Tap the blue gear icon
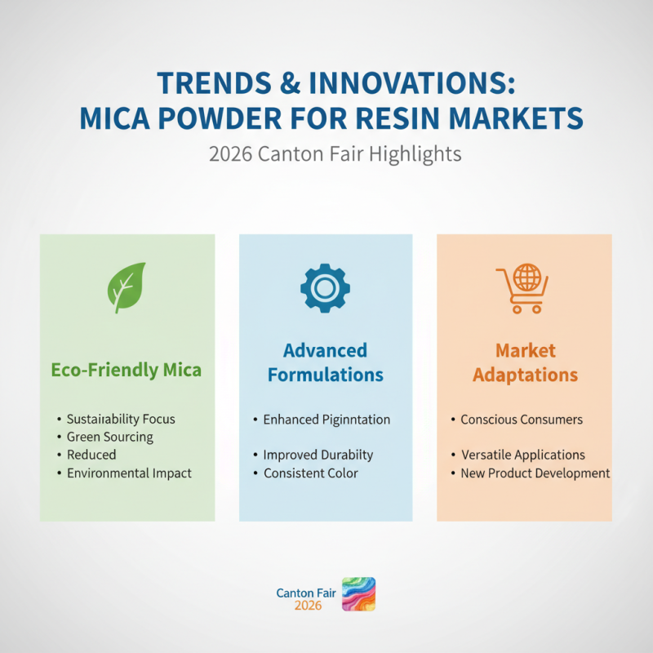(325, 287)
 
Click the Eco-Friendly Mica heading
(127, 370)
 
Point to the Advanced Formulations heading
(325, 362)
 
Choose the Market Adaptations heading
(525, 362)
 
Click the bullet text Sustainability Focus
(121, 419)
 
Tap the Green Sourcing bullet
(110, 437)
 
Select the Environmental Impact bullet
(129, 473)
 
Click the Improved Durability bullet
(318, 455)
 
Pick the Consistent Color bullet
(310, 473)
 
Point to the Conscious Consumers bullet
(522, 419)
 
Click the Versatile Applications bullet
(522, 455)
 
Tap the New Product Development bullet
(535, 473)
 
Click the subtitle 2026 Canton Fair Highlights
(335, 154)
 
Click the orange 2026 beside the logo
(308, 606)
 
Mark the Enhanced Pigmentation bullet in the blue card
(326, 419)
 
